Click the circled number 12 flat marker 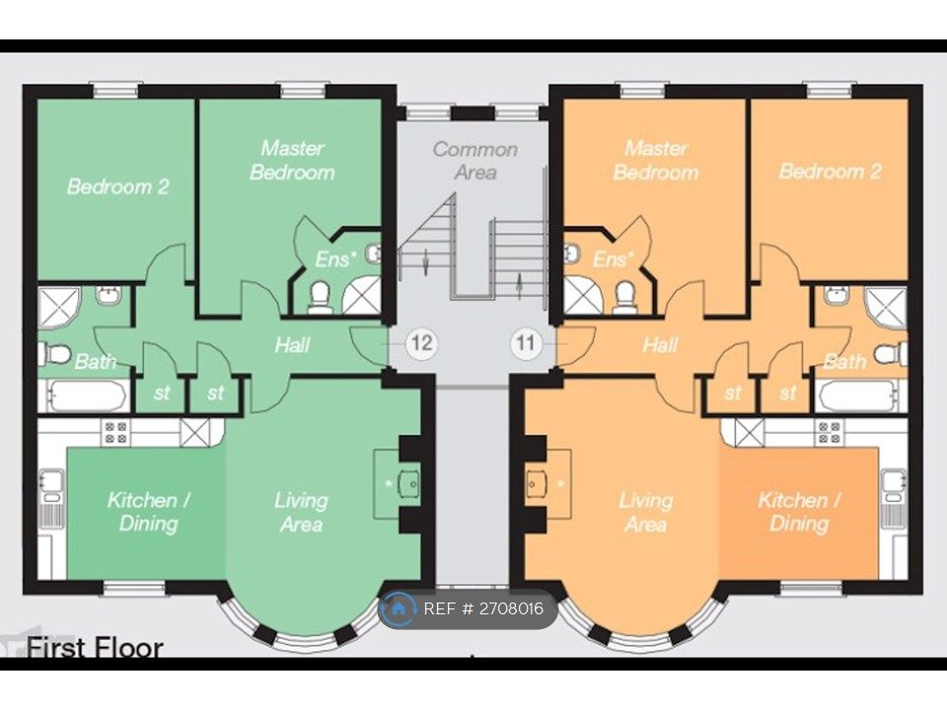tap(422, 344)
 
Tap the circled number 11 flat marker tap(526, 344)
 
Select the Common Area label tap(474, 161)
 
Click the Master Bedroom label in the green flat tap(292, 160)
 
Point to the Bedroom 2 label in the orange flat tap(830, 172)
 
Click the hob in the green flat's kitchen tap(115, 431)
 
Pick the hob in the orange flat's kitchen tap(828, 431)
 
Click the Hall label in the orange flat tap(660, 345)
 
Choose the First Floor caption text tap(95, 648)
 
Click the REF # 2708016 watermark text tap(483, 608)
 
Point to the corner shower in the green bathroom tap(59, 307)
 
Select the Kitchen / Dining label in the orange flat tap(799, 511)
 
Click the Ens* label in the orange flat tap(611, 260)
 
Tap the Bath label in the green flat tap(96, 362)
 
